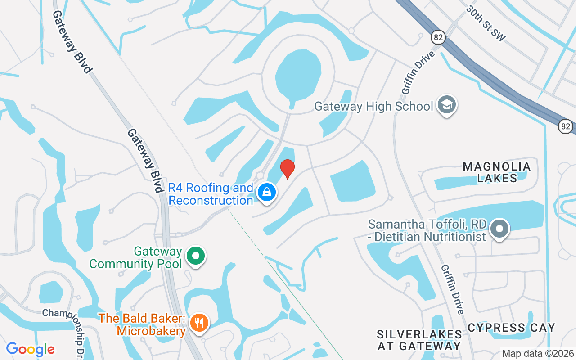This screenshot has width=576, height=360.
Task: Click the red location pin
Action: (287, 169)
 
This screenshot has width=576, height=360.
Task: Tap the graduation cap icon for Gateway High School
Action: (447, 105)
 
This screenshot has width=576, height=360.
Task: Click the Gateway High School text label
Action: (373, 107)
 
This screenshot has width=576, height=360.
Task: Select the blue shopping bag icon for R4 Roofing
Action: (267, 192)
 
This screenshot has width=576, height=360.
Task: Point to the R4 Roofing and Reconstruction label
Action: (211, 194)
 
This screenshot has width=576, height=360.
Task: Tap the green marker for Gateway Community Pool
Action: (196, 256)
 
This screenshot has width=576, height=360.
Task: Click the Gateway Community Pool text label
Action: (135, 257)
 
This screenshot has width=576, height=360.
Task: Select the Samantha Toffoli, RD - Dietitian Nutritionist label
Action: (427, 230)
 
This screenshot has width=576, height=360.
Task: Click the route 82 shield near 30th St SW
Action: (438, 37)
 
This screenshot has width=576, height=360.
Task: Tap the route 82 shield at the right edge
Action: (566, 126)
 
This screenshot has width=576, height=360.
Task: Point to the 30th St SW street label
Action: (486, 24)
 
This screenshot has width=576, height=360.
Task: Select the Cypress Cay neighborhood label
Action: (511, 328)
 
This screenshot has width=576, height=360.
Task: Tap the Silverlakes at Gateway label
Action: (419, 340)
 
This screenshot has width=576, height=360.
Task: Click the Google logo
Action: (31, 349)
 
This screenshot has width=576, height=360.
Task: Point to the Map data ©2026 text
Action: (538, 354)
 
